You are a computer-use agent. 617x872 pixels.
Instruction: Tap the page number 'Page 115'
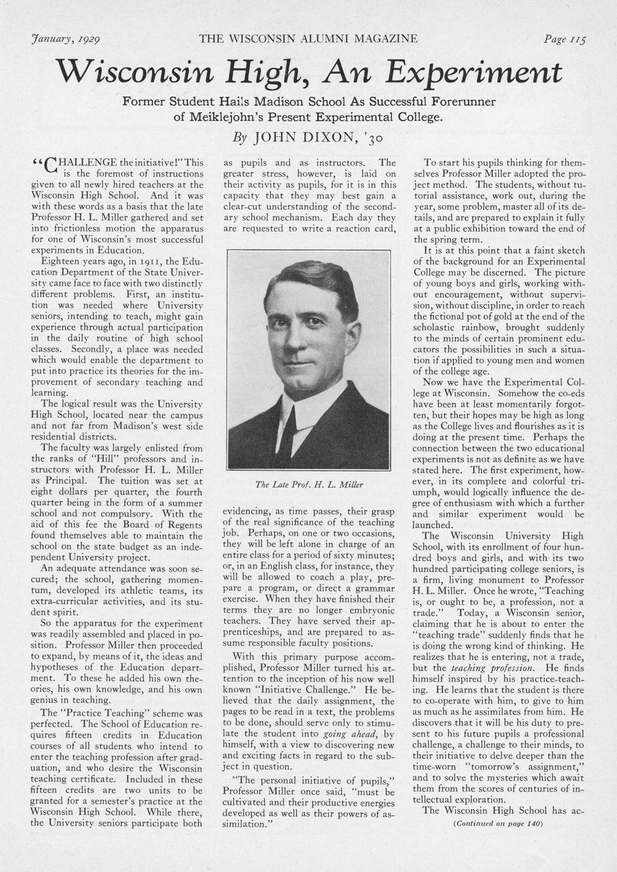click(x=565, y=39)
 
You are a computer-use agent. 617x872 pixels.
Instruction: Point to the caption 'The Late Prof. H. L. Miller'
click(x=309, y=485)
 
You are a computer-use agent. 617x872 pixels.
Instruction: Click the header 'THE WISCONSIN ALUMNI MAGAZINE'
click(x=308, y=39)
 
